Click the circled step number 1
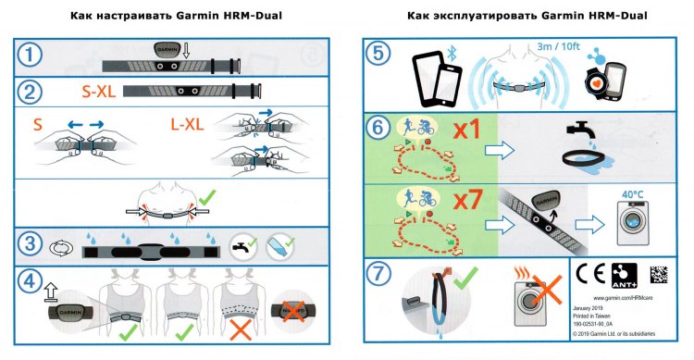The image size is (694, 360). (x=33, y=56)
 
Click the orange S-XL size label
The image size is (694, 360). (x=89, y=91)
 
